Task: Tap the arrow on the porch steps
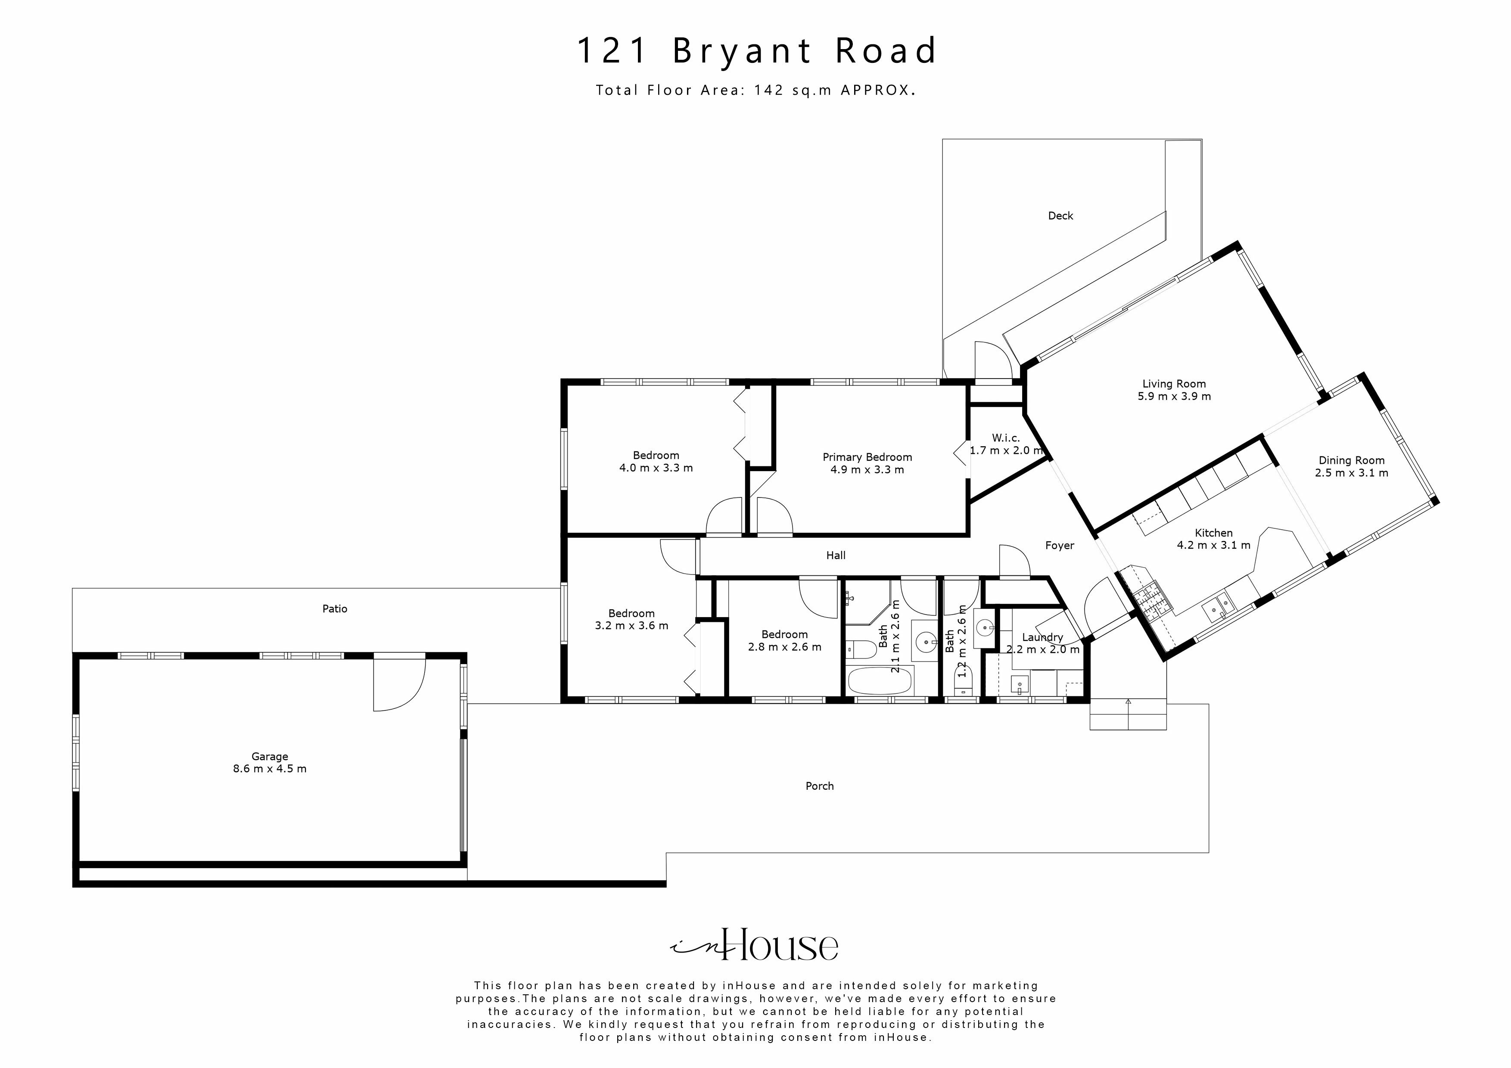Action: [1128, 703]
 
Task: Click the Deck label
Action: [1060, 216]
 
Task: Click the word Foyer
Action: [1060, 546]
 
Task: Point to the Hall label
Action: [836, 556]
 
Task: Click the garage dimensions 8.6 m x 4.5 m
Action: [270, 769]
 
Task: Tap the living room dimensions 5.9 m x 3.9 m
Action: [1174, 396]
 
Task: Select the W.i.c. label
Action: [1006, 438]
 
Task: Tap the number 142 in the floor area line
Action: [769, 90]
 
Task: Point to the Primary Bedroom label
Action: [867, 456]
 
